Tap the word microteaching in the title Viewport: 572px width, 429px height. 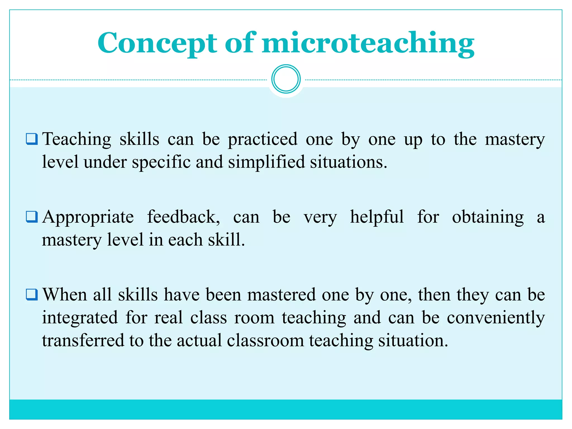[368, 43]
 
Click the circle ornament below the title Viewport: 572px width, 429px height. [286, 79]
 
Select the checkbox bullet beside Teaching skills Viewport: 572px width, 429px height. [32, 139]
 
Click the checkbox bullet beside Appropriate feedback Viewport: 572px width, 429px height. [32, 217]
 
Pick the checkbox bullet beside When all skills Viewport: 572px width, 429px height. [32, 294]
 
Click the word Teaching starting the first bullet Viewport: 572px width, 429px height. [77, 139]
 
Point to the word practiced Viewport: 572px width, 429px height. [263, 139]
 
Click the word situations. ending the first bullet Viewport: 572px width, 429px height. [349, 162]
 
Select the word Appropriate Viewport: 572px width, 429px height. [88, 217]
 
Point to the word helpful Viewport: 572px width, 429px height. [377, 217]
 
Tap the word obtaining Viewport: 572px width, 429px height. [488, 217]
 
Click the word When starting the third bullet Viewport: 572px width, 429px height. [65, 295]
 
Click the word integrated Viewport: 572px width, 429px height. [80, 318]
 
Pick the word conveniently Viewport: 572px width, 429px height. [495, 318]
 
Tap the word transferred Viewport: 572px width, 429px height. [83, 341]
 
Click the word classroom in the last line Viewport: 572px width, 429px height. [265, 341]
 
